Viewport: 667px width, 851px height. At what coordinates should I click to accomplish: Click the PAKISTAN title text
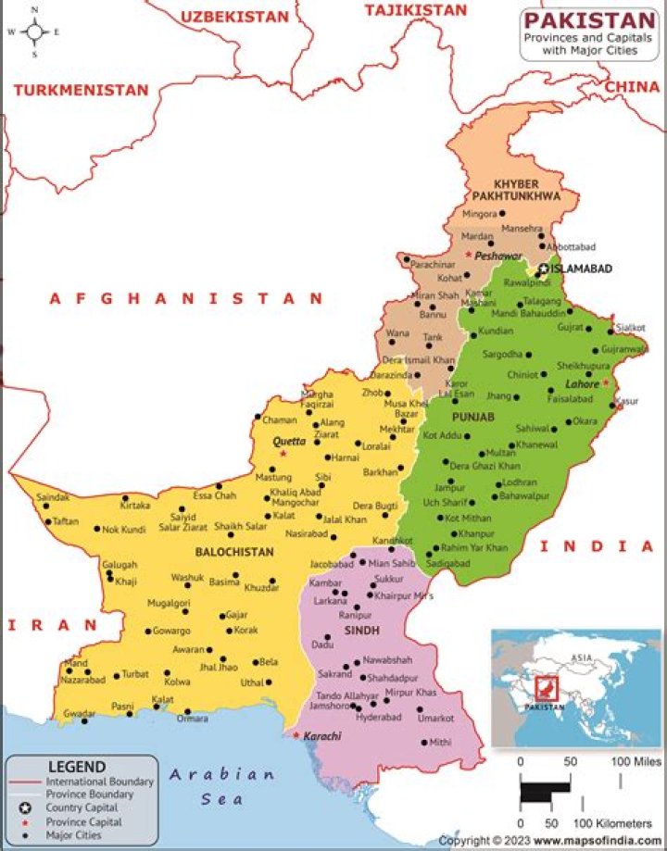[x=588, y=19]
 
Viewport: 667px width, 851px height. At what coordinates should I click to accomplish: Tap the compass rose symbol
[x=34, y=31]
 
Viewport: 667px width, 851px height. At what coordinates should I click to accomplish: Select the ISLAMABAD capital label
[x=581, y=268]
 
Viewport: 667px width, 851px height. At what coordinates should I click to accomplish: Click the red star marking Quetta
[x=283, y=454]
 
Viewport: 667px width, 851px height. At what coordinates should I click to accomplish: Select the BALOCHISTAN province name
[x=234, y=552]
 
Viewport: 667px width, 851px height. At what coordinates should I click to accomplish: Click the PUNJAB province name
[x=473, y=418]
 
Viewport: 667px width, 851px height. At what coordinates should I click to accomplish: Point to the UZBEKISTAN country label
[x=234, y=17]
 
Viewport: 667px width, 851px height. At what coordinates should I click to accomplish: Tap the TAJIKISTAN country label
[x=415, y=9]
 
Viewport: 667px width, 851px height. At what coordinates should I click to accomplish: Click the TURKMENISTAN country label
[x=81, y=90]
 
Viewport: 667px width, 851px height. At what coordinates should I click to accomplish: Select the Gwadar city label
[x=81, y=714]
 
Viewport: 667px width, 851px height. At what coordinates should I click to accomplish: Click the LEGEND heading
[x=77, y=767]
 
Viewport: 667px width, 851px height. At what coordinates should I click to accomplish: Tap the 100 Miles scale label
[x=636, y=761]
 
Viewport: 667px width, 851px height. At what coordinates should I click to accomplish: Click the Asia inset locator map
[x=575, y=687]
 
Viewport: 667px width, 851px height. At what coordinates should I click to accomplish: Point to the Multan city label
[x=501, y=453]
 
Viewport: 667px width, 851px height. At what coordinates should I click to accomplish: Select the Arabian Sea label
[x=222, y=786]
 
